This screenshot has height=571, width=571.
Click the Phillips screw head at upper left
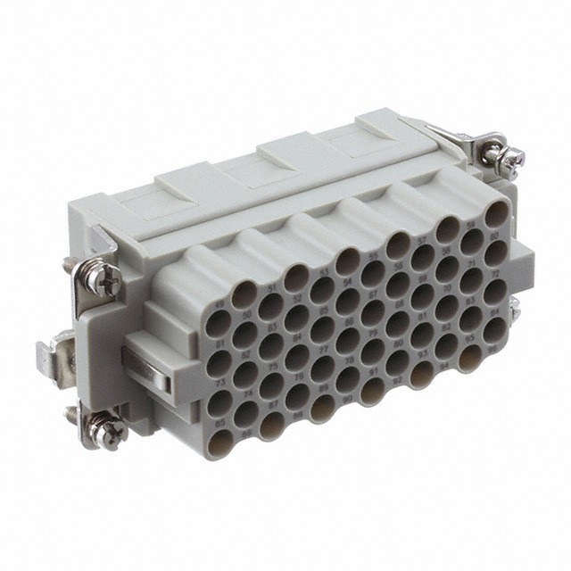[106, 278]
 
